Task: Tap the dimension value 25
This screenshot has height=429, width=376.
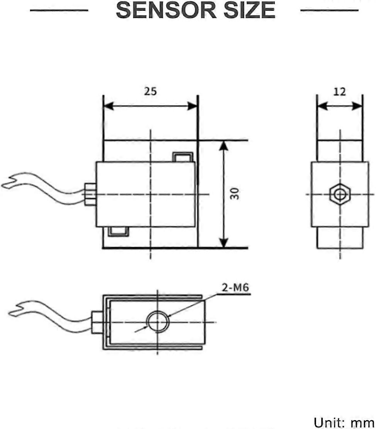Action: pyautogui.click(x=150, y=92)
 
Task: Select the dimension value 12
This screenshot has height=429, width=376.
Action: pyautogui.click(x=340, y=92)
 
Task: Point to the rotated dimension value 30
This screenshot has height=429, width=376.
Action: pyautogui.click(x=235, y=194)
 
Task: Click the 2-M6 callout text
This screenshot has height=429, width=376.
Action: pyautogui.click(x=234, y=288)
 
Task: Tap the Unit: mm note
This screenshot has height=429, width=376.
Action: pyautogui.click(x=344, y=422)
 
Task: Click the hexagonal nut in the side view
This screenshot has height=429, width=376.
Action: pyautogui.click(x=340, y=194)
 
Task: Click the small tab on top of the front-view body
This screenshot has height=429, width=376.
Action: pyautogui.click(x=182, y=157)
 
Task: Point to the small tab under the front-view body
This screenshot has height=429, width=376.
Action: pyautogui.click(x=118, y=232)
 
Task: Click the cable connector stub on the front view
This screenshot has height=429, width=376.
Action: pyautogui.click(x=90, y=194)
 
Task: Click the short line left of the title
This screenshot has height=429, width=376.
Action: pyautogui.click(x=59, y=10)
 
